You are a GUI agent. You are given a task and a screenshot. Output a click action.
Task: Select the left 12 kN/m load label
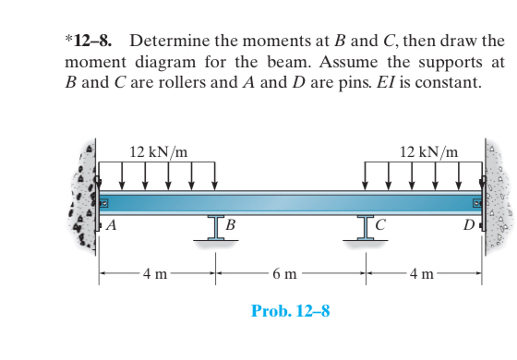pyautogui.click(x=159, y=151)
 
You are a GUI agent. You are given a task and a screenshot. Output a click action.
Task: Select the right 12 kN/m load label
pyautogui.click(x=429, y=151)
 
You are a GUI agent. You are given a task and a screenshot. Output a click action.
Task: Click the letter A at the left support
pyautogui.click(x=112, y=224)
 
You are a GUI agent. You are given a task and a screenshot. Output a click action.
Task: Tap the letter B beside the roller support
pyautogui.click(x=231, y=224)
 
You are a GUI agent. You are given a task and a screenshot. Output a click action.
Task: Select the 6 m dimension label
pyautogui.click(x=285, y=274)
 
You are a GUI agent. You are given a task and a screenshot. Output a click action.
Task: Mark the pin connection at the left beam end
pyautogui.click(x=104, y=202)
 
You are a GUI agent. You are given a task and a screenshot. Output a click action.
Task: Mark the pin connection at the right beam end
pyautogui.click(x=477, y=202)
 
